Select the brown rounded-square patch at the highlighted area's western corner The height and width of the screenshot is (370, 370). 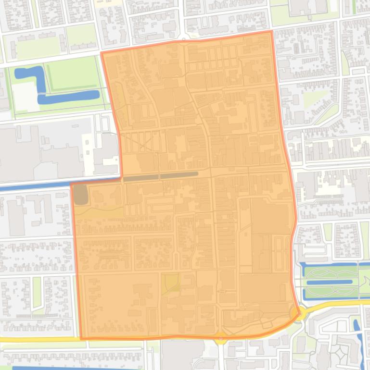pos(80,194)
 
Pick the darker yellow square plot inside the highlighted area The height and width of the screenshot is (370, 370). pos(170,283)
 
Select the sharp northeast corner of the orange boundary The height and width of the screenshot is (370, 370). pos(272,32)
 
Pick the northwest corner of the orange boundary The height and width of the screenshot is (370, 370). pos(102,53)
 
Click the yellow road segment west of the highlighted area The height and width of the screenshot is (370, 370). pos(38,339)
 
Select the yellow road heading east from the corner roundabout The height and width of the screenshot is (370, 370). pos(337,303)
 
